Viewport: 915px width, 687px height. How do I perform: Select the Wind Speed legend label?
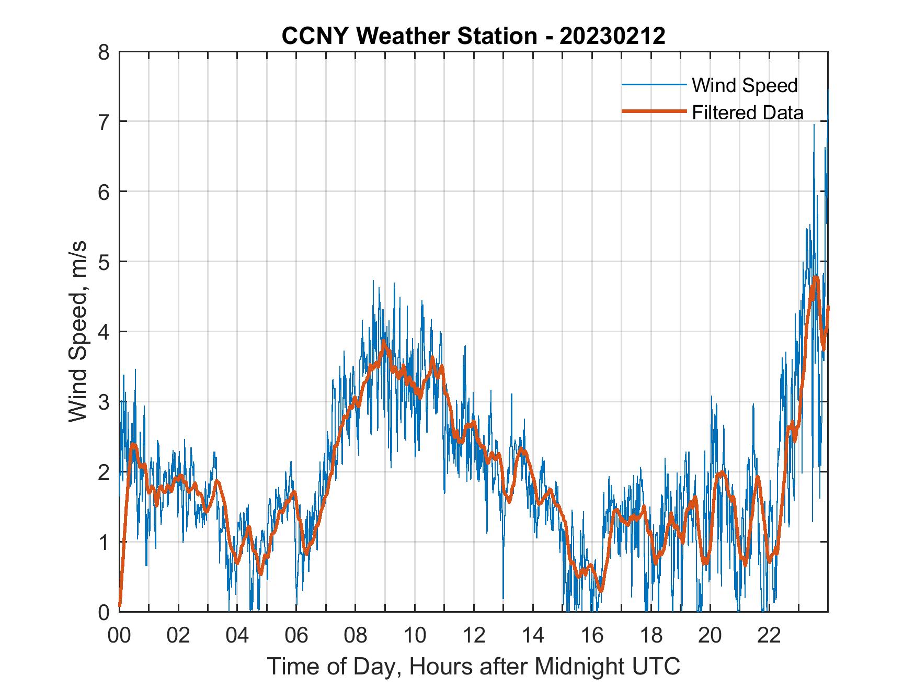coord(745,85)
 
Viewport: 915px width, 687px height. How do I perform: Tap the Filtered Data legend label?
coord(747,112)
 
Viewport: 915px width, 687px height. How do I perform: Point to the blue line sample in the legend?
coord(654,85)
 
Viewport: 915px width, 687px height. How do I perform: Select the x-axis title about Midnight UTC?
coord(474,667)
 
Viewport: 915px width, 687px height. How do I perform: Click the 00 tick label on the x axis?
coord(119,636)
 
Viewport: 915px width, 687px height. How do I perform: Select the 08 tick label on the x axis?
coord(356,636)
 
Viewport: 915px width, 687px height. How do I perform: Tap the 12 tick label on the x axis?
coord(474,636)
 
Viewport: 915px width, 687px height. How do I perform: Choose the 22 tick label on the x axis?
coord(769,636)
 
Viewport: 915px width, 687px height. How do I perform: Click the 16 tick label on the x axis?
coord(592,636)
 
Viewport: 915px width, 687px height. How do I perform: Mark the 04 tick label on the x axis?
coord(237,636)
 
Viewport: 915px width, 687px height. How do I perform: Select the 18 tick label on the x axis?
coord(651,636)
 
